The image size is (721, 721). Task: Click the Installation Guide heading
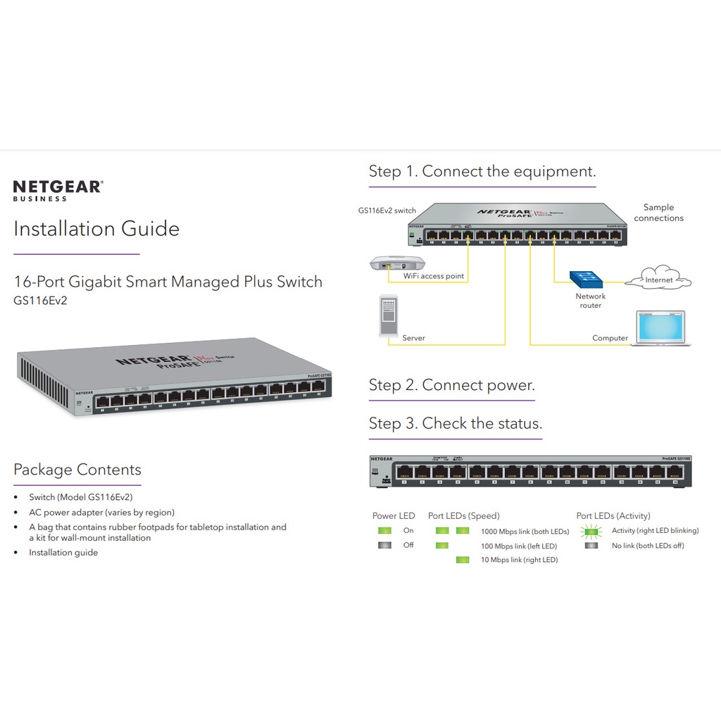click(96, 229)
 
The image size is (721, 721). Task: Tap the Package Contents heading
click(77, 470)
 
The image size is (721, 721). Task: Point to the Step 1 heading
click(482, 171)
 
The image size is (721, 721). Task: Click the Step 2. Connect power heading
click(451, 385)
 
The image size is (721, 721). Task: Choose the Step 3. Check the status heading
click(455, 423)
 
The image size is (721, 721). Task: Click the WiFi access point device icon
click(397, 263)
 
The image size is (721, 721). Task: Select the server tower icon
click(389, 315)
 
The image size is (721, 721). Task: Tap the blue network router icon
click(588, 279)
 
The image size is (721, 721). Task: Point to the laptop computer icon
click(660, 328)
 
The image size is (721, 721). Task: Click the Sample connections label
click(658, 213)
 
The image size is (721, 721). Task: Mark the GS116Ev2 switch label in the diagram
click(387, 210)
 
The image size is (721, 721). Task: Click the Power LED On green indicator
click(384, 531)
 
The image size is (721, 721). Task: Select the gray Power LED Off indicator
click(384, 546)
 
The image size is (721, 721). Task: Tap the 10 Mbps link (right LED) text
click(519, 560)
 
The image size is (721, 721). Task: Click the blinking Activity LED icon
click(591, 531)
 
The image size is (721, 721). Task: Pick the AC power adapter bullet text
click(101, 513)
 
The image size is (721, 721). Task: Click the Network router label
click(590, 301)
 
